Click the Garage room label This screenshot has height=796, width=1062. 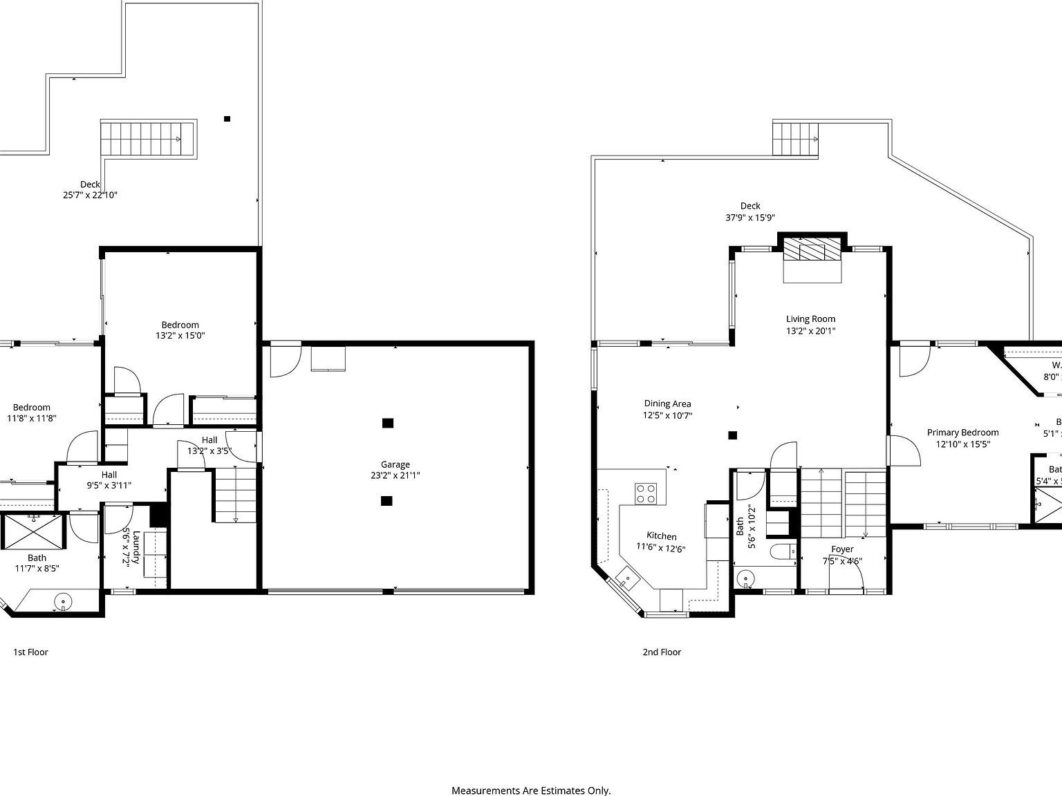coord(395,464)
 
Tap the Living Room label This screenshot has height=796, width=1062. coord(810,319)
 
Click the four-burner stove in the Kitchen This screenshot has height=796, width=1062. coord(646,493)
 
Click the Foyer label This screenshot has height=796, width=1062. coord(842,549)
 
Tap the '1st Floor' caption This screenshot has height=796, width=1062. coord(30,652)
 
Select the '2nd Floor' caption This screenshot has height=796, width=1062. coord(662,652)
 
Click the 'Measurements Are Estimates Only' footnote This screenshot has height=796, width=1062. coord(531,790)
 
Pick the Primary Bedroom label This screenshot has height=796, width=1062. coord(962,433)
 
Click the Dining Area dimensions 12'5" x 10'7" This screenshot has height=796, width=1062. coord(667,415)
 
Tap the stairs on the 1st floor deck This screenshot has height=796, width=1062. coord(148,138)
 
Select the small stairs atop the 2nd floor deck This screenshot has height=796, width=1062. coord(795,139)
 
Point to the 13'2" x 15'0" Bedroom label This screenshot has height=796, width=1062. coord(180,330)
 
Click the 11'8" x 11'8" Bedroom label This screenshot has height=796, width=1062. coord(31,413)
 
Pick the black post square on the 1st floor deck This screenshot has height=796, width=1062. coord(227,119)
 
